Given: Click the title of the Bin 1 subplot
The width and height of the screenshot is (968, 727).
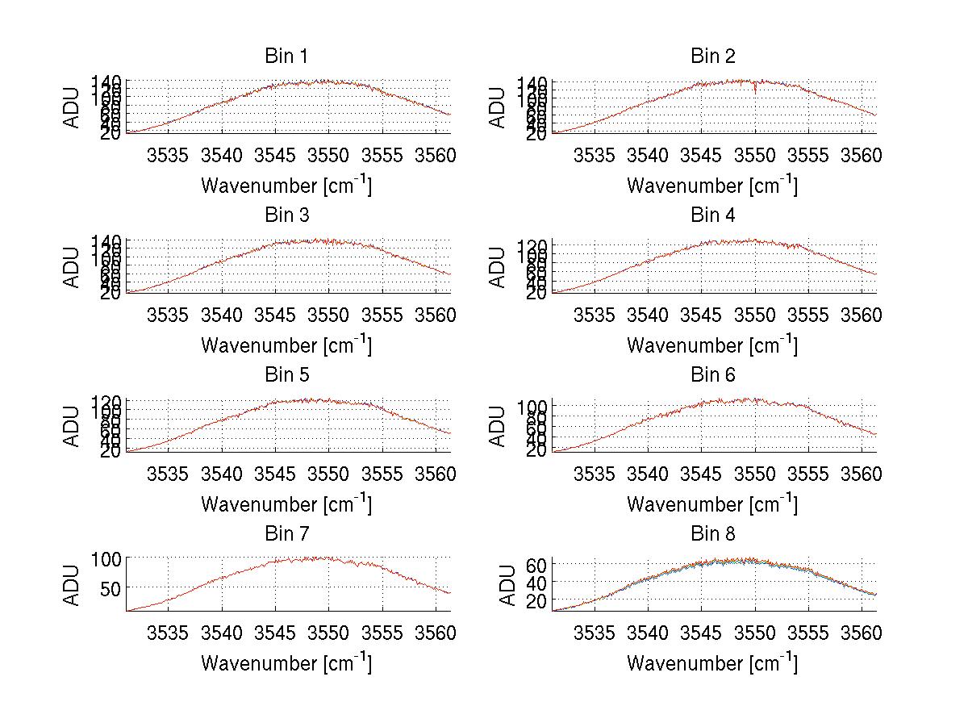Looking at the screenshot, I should [x=286, y=56].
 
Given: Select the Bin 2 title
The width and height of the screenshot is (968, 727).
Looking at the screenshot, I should [x=713, y=56].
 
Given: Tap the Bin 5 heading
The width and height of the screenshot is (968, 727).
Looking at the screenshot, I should [x=286, y=374].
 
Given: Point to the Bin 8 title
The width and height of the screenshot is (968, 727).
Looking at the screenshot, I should [x=713, y=533].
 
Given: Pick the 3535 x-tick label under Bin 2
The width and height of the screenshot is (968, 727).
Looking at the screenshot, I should [x=595, y=154].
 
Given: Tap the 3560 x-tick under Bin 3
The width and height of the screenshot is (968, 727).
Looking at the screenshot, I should [x=436, y=314].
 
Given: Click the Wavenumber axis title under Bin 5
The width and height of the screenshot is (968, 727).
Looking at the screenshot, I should [x=286, y=504].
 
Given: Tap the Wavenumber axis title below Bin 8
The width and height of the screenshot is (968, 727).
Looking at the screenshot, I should [x=712, y=663].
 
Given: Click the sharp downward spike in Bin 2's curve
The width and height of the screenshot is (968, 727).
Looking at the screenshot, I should [x=755, y=91].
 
